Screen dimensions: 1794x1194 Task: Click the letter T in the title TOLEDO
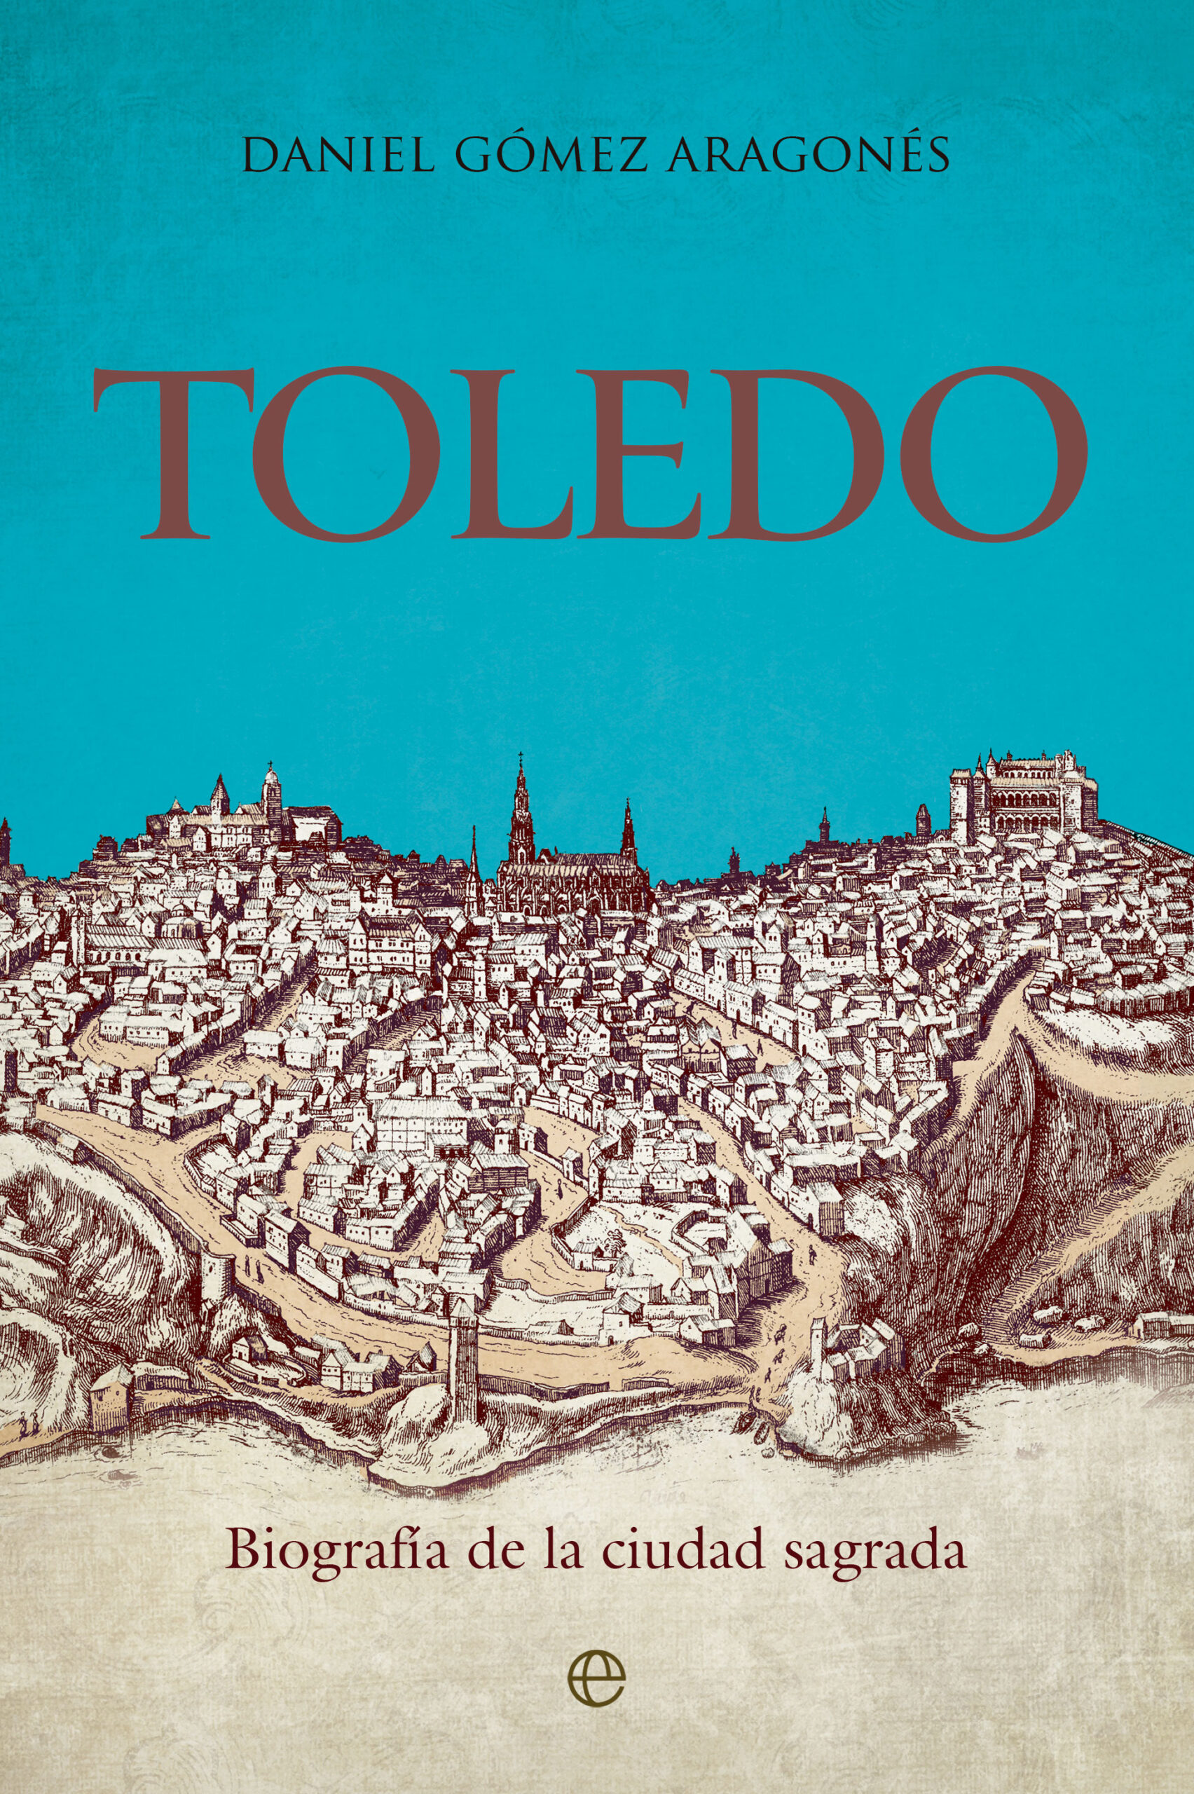coord(186,454)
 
